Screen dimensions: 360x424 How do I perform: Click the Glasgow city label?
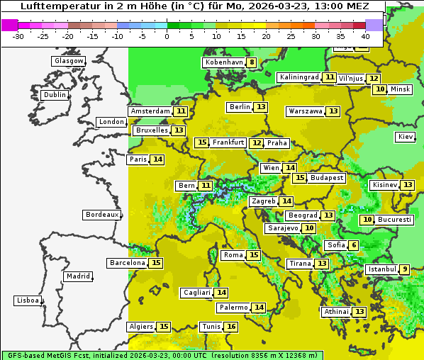[68, 61]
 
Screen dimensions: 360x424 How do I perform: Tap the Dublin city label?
[55, 95]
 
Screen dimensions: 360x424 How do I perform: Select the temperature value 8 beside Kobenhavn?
[252, 62]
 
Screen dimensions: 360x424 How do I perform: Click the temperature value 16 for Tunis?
[231, 327]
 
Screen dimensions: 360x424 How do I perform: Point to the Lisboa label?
[27, 300]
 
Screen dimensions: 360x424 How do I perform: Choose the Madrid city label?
[77, 276]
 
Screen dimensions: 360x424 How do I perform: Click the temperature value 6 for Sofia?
[354, 245]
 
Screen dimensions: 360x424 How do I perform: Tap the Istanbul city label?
[381, 269]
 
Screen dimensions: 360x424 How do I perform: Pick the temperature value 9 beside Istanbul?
[404, 269]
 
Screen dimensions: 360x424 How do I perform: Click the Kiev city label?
[406, 137]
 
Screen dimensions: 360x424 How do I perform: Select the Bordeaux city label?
[101, 215]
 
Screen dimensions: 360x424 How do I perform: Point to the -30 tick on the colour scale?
[18, 35]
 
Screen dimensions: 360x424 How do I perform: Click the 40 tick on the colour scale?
[365, 35]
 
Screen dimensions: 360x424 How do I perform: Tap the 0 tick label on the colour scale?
[167, 35]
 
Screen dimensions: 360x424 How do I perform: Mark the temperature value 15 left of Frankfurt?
[202, 142]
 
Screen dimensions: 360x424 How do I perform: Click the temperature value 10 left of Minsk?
[381, 89]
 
